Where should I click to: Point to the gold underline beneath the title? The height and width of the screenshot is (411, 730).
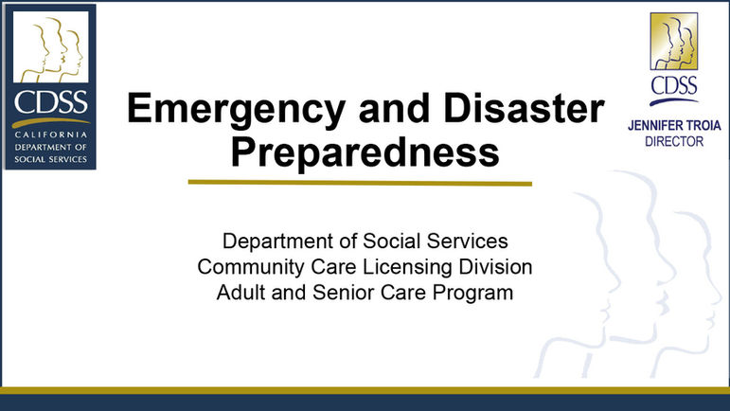pos(360,182)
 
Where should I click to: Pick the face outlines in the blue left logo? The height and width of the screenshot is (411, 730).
pos(55,52)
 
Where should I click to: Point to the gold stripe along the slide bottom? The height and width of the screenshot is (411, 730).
pos(365,390)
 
